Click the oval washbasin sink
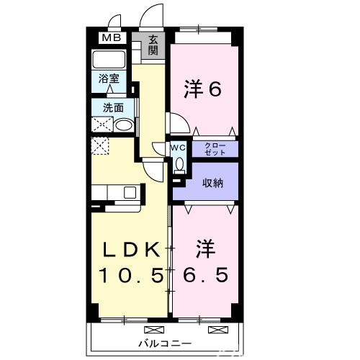click(124, 125)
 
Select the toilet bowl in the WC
click(179, 164)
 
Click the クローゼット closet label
click(215, 149)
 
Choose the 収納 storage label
click(212, 182)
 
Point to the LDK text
click(132, 249)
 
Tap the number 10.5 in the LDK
click(131, 276)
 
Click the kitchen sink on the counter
click(129, 192)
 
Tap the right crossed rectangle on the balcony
click(216, 330)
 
